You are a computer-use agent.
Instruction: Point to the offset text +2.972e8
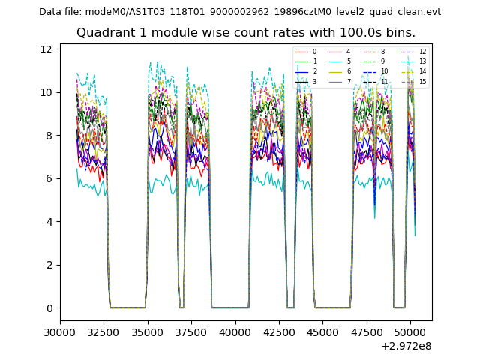(x=405, y=346)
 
